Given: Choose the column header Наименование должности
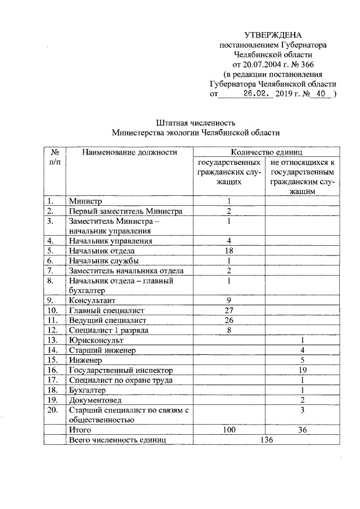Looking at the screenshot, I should (x=129, y=152).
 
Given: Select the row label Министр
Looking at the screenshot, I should (x=85, y=201).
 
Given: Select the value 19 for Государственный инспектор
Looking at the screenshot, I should (x=303, y=370).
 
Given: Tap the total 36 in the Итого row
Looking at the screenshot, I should (x=303, y=430).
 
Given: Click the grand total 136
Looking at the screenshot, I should (x=266, y=440).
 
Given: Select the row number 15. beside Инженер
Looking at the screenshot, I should (x=54, y=360).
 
